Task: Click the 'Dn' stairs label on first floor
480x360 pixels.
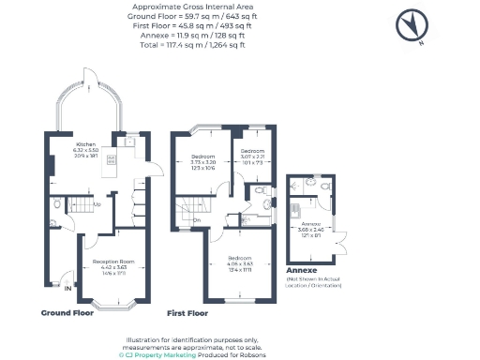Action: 199,220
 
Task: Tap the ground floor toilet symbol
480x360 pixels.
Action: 57,202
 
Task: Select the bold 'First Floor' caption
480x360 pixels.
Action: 187,312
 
